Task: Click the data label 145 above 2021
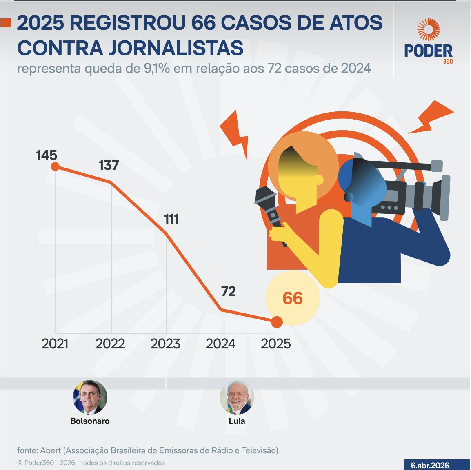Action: click(47, 155)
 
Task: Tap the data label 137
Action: click(109, 165)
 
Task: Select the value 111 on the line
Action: click(171, 219)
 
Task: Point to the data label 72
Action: click(228, 292)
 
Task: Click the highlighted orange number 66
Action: click(292, 298)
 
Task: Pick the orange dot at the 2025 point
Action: click(277, 322)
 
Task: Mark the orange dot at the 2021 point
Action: click(55, 166)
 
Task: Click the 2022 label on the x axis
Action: click(110, 344)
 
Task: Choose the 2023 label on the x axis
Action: click(165, 344)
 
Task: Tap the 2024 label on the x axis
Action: click(220, 344)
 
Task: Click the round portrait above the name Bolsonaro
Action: click(90, 397)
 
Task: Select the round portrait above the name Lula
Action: click(237, 397)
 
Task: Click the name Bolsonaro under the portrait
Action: click(90, 421)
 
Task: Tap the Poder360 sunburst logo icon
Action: click(428, 30)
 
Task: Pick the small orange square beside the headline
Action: click(6, 23)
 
